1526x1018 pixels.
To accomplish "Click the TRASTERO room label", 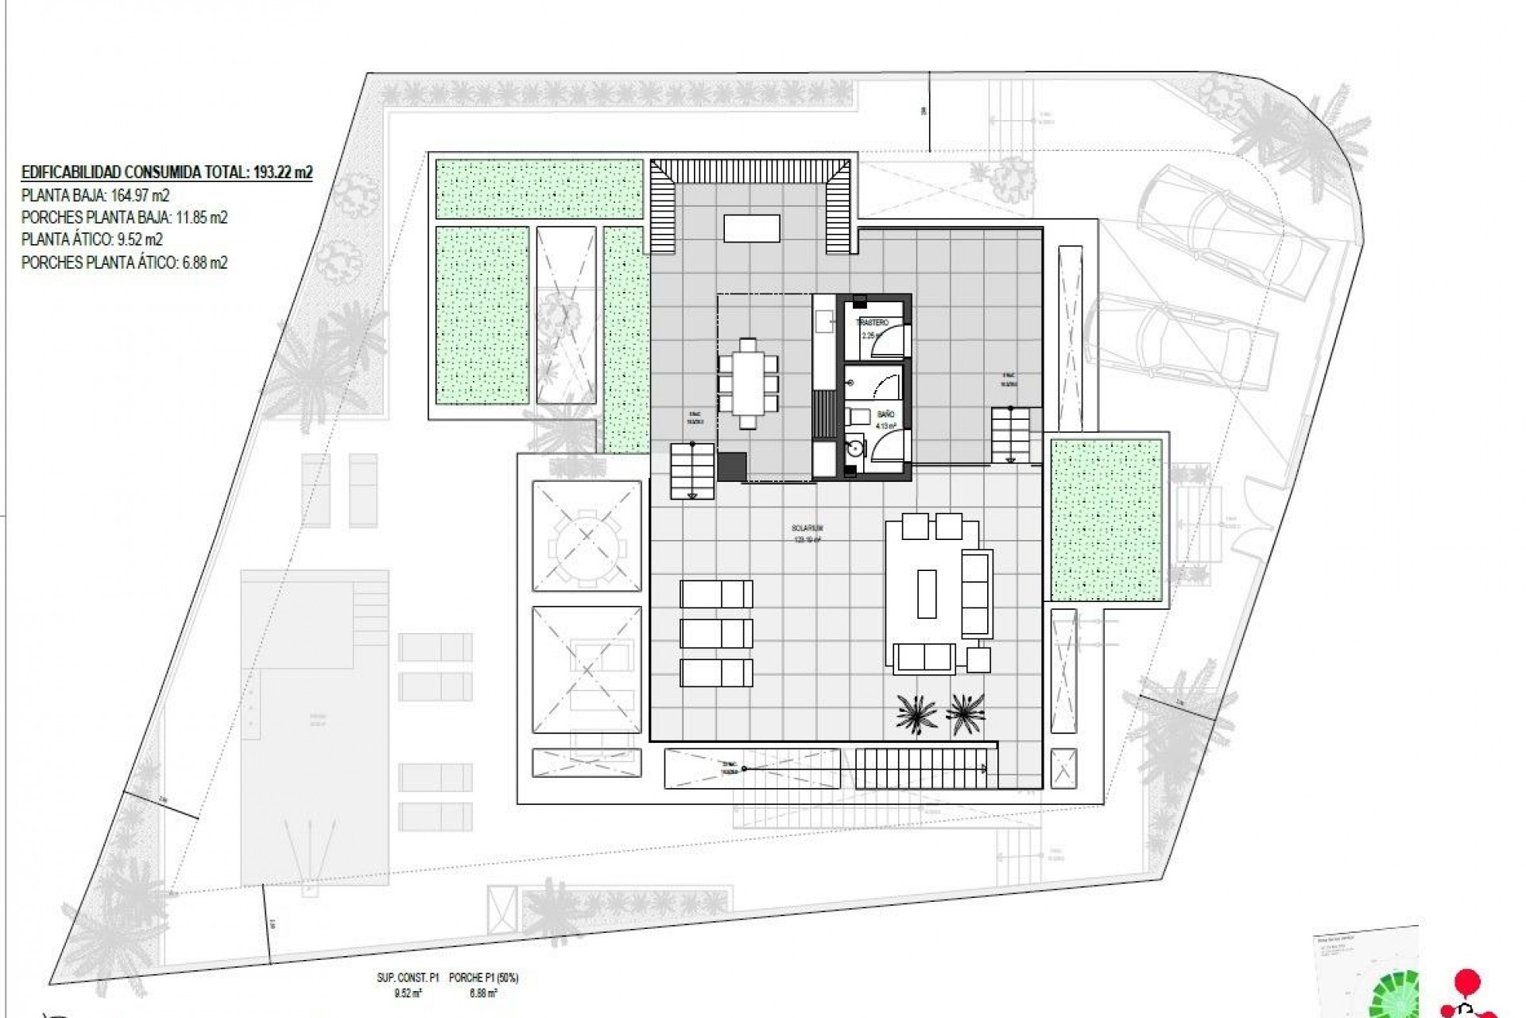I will (872, 323).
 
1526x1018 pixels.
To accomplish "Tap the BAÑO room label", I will (886, 414).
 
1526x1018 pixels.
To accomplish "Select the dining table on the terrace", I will (748, 383).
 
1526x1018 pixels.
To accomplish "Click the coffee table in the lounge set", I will (927, 593).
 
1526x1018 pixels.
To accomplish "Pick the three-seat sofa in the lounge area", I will (976, 593).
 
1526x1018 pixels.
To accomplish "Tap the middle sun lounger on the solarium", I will (716, 634).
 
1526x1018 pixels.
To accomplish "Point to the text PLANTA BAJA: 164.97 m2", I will (95, 195).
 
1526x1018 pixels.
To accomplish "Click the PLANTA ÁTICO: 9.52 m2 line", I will (92, 239).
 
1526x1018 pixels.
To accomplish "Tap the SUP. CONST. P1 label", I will (408, 978).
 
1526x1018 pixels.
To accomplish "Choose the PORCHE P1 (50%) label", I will (483, 978).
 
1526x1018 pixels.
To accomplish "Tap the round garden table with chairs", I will (587, 534).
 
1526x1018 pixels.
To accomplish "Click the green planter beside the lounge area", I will (1106, 521).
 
